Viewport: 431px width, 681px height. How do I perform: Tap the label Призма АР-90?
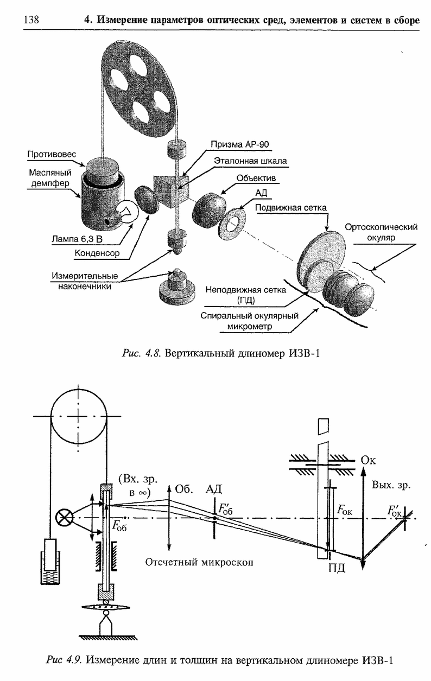[240, 144]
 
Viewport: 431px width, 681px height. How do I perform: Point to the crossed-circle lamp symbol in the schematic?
[65, 518]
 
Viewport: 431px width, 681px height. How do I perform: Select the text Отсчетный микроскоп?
[199, 562]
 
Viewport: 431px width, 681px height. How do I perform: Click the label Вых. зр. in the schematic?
[390, 485]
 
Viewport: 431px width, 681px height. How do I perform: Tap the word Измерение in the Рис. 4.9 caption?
[115, 660]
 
